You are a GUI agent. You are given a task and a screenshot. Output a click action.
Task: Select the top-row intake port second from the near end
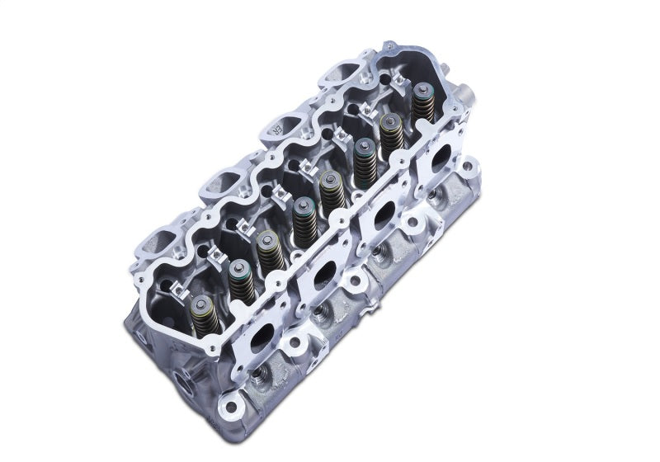pyautogui.click(x=217, y=186)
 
